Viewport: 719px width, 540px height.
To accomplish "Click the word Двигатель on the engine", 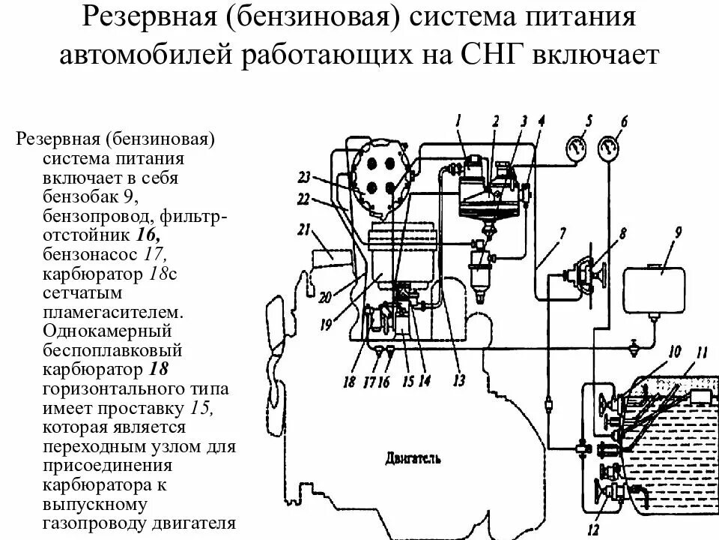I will pyautogui.click(x=414, y=457).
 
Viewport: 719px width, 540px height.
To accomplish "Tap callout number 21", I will pyautogui.click(x=303, y=229).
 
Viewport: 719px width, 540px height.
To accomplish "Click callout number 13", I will pyautogui.click(x=458, y=380).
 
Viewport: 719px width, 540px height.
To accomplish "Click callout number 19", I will pyautogui.click(x=325, y=325).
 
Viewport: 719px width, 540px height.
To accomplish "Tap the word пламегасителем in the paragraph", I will pyautogui.click(x=112, y=311).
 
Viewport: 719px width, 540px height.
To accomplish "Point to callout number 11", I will pyautogui.click(x=700, y=352).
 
